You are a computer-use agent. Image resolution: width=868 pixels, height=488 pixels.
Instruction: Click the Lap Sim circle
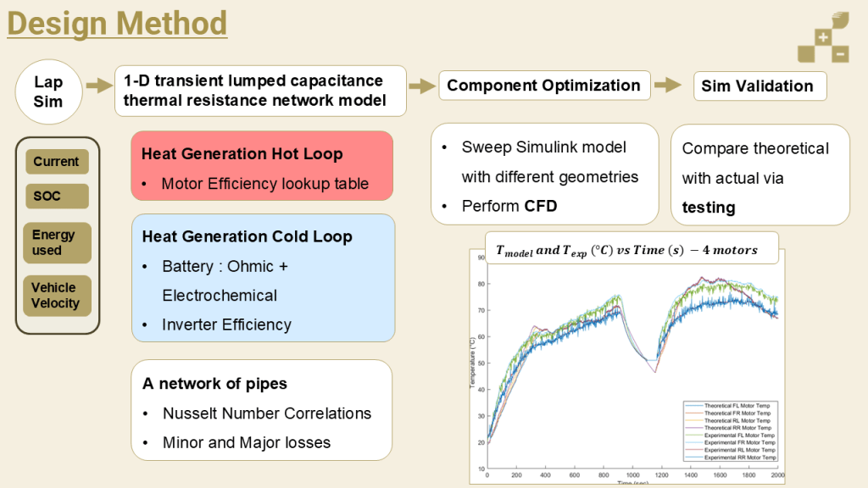(48, 92)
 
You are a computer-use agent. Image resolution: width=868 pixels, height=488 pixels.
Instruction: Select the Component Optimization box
(543, 86)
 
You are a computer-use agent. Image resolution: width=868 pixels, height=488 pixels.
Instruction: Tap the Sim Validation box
(757, 86)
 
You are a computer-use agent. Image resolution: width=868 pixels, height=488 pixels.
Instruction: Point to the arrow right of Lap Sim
(101, 86)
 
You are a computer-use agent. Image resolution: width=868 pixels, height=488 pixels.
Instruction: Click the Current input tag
(56, 162)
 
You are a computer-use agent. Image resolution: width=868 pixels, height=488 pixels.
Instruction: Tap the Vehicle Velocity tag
(56, 296)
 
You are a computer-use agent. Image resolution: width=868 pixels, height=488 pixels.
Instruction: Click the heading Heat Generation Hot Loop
(242, 154)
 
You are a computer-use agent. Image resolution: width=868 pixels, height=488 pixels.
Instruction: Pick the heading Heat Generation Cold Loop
(247, 237)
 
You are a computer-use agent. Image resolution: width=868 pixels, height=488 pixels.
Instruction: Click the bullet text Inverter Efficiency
(226, 324)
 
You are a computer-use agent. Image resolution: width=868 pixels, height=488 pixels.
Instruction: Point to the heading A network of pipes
(214, 384)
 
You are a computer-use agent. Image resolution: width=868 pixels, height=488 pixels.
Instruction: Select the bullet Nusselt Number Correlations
(266, 413)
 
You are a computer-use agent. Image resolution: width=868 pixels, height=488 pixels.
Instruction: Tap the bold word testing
(709, 208)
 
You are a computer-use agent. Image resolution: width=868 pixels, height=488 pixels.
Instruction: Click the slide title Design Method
(117, 23)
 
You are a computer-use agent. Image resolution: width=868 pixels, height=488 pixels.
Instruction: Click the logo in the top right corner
(822, 38)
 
